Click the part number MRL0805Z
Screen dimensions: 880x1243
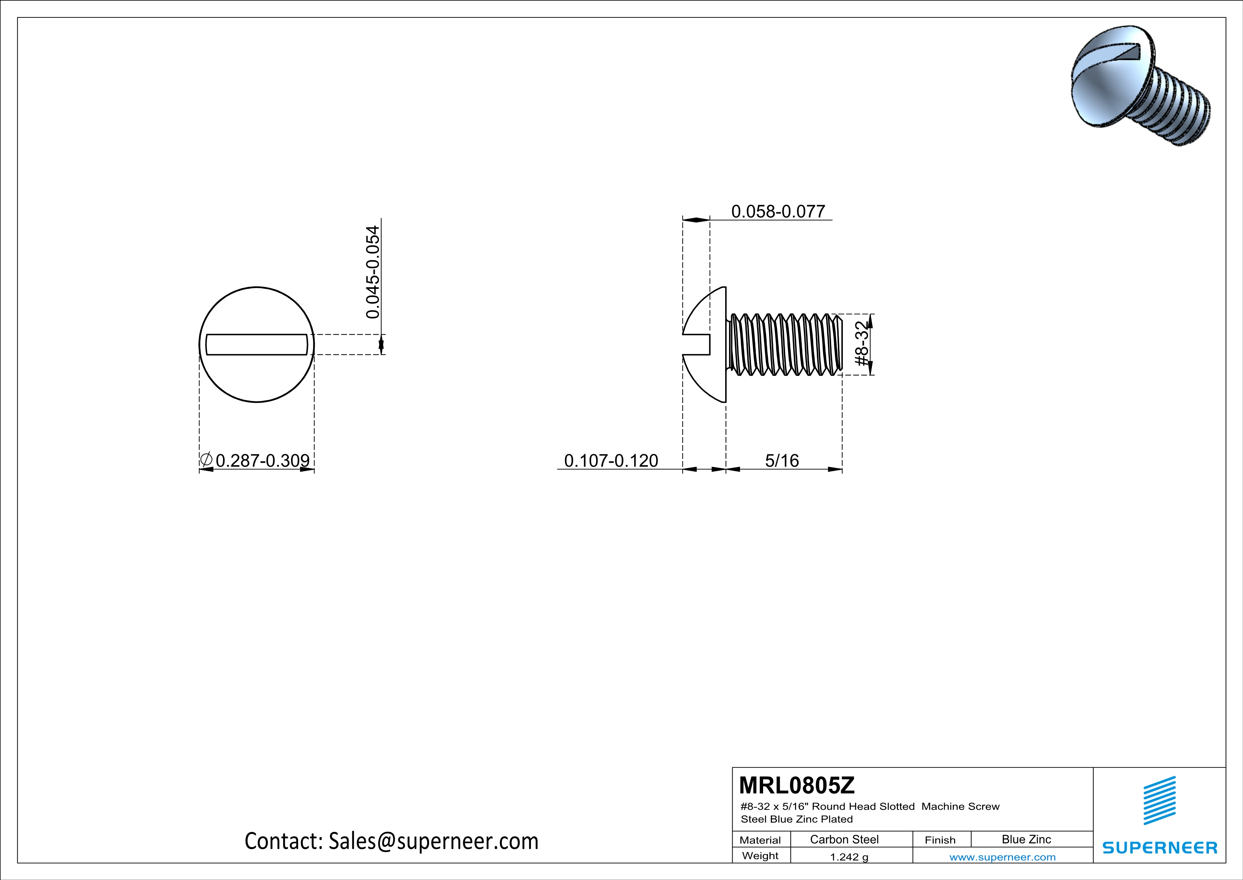pos(796,785)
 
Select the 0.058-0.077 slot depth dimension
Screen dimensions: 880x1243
pos(778,211)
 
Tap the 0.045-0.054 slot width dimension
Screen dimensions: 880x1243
pos(373,272)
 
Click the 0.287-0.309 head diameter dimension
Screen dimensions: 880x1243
pos(263,461)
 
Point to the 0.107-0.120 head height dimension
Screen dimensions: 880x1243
pos(611,461)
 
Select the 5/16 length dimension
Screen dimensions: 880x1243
pos(782,461)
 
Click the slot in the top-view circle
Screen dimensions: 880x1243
pos(257,345)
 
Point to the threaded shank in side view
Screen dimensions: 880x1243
pos(785,345)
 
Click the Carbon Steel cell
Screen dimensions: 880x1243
pos(844,839)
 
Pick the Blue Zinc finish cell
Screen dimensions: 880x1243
pos(1026,839)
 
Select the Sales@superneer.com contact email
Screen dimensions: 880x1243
pos(433,841)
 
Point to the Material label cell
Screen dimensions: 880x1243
pos(760,840)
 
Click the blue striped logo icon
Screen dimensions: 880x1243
pos(1159,801)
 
